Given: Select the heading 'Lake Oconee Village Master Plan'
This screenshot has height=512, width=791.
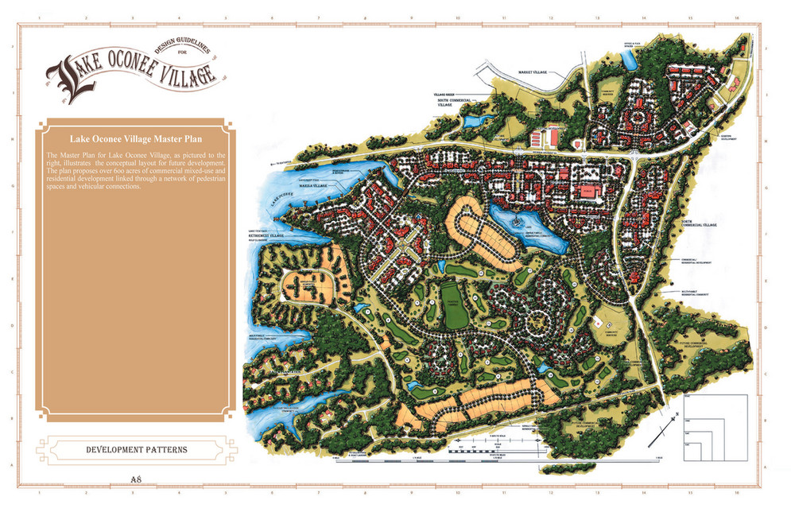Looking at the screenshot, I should (x=136, y=138).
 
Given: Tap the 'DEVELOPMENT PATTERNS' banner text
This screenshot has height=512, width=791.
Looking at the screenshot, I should (x=137, y=450).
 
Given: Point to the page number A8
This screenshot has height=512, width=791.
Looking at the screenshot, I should (x=137, y=479).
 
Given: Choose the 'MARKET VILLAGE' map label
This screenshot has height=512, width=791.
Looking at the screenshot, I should (x=534, y=72).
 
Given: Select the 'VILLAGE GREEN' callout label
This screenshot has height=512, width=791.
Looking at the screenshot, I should (x=443, y=93).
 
